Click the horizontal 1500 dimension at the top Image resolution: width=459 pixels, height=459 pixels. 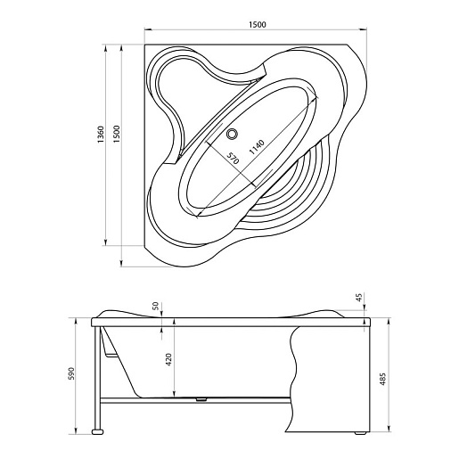pyautogui.click(x=258, y=24)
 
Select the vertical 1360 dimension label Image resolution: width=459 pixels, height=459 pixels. pyautogui.click(x=101, y=135)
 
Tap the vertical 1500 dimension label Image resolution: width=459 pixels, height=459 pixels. pyautogui.click(x=117, y=134)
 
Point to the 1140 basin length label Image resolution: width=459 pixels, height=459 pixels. pyautogui.click(x=257, y=147)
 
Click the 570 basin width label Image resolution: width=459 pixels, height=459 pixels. pyautogui.click(x=233, y=159)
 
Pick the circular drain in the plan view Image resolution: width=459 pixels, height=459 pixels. pyautogui.click(x=232, y=134)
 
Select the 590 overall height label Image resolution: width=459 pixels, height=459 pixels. pyautogui.click(x=71, y=373)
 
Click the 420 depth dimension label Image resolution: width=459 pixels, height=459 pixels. pyautogui.click(x=168, y=359)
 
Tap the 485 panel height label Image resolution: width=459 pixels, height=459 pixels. pyautogui.click(x=383, y=379)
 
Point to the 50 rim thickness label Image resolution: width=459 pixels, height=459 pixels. pyautogui.click(x=156, y=306)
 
